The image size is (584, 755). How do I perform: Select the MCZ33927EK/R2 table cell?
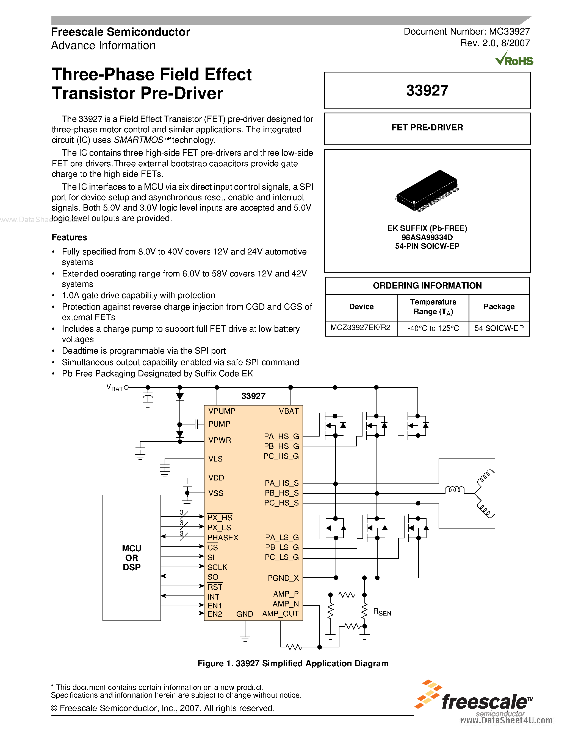click(361, 328)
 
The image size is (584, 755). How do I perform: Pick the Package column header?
click(499, 307)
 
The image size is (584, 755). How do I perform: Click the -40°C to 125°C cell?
click(433, 328)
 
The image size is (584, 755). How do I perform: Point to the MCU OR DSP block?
click(131, 557)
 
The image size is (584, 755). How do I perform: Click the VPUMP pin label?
click(222, 411)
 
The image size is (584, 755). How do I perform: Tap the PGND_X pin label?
click(283, 578)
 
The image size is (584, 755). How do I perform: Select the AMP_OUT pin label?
click(280, 614)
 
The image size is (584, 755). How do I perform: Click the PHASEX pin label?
click(223, 538)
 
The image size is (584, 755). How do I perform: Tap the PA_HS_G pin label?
click(281, 436)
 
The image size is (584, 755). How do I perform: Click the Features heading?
click(69, 237)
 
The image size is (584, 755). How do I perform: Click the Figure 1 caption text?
click(293, 663)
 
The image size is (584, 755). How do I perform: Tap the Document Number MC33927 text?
click(466, 32)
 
